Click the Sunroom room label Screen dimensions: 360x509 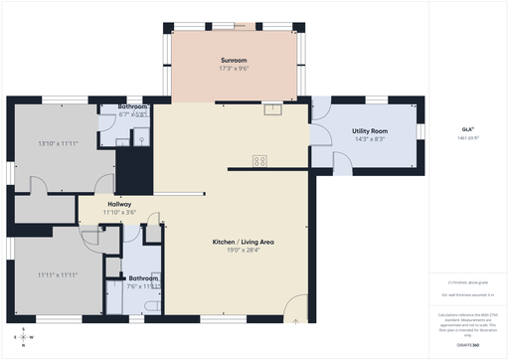[234, 62]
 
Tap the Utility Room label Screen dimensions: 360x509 [370, 131]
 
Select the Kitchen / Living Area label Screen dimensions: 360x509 [235, 242]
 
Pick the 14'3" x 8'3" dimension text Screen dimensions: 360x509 [370, 140]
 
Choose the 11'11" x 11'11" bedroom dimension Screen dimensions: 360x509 [58, 274]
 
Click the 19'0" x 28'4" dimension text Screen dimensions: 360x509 [235, 251]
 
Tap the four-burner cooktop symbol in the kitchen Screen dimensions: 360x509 [259, 160]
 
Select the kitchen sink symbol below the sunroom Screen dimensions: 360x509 [269, 109]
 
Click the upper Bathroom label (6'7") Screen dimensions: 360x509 [132, 106]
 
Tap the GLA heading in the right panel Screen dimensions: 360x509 [467, 128]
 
